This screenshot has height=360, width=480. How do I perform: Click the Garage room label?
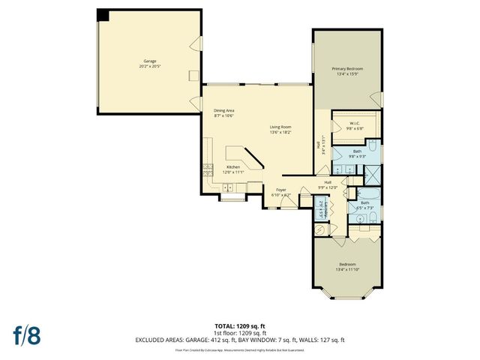coord(150,61)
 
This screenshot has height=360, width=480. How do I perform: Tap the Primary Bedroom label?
coord(347,69)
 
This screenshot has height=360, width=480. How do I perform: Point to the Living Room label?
coord(280,127)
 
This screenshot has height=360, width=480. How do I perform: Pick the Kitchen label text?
coord(233,166)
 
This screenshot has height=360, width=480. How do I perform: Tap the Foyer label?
coord(281,190)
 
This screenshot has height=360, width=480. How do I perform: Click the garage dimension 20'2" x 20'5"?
coord(150,66)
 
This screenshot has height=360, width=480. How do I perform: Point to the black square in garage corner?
coord(103,16)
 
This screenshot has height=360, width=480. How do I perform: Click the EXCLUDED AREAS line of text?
coord(240,340)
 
